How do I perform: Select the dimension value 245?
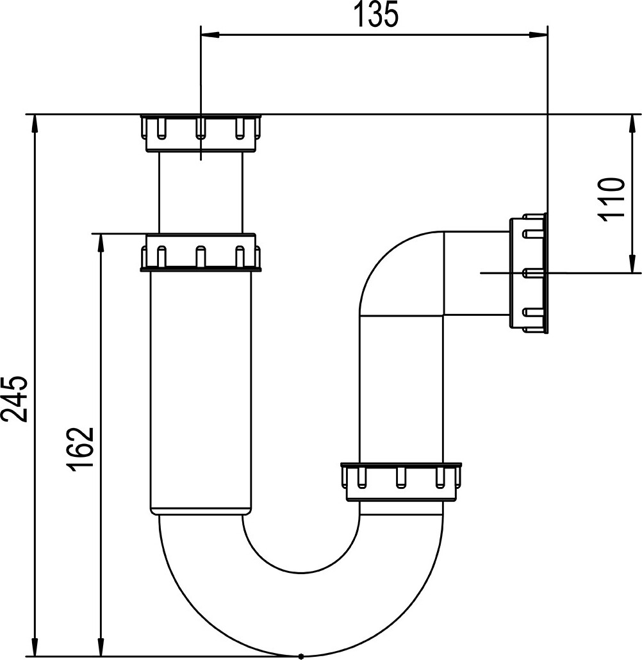click(x=15, y=398)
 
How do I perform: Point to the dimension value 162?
click(x=83, y=448)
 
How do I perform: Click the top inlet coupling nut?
click(x=201, y=132)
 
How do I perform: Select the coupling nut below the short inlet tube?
click(x=201, y=252)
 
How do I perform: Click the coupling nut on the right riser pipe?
click(x=401, y=481)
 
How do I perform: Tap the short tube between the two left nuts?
click(x=201, y=192)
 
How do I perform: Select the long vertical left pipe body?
click(x=201, y=391)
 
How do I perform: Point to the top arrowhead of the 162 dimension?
click(x=100, y=241)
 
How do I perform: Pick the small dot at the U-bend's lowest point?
click(x=300, y=656)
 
